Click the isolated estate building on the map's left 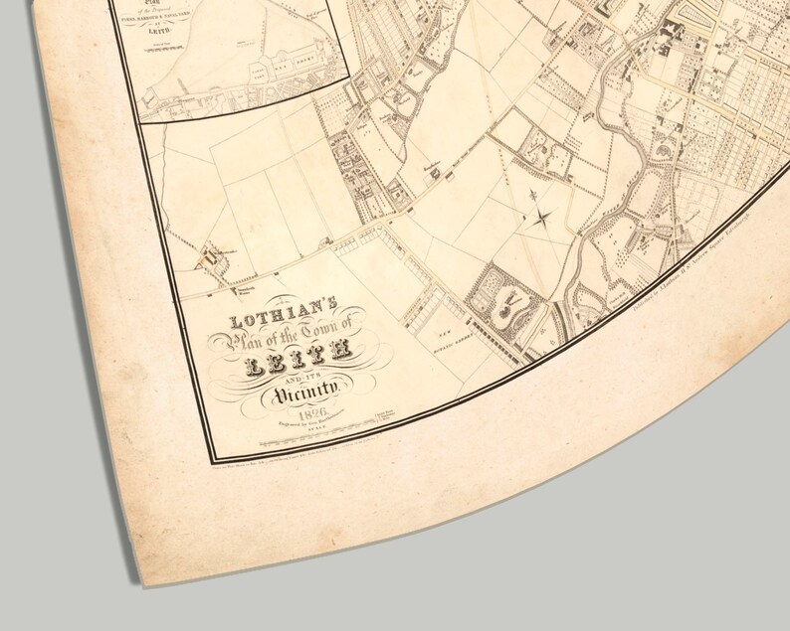[x=211, y=255]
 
